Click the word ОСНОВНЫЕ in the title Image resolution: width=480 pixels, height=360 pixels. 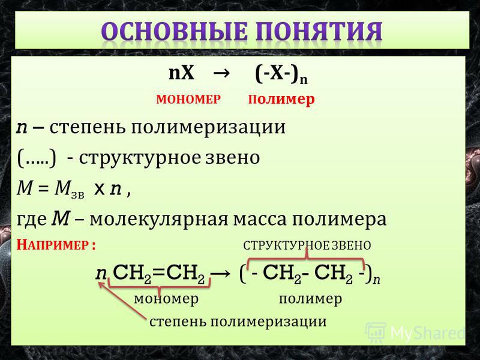tap(175, 32)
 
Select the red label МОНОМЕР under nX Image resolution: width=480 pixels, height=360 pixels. tap(188, 100)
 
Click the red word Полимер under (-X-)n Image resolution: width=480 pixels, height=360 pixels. tap(281, 100)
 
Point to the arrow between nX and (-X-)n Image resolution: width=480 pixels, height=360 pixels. tap(221, 74)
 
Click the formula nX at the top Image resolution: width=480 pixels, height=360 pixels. tap(181, 73)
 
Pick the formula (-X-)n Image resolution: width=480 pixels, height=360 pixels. tap(281, 75)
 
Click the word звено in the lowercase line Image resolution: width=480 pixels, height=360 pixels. tap(232, 158)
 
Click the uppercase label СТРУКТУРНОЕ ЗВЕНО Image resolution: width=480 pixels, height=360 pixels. tap(307, 245)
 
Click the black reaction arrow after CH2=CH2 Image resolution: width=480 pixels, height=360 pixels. tap(220, 273)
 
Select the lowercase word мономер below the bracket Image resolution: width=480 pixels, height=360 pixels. tap(166, 299)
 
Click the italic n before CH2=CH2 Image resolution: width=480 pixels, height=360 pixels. tap(101, 274)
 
